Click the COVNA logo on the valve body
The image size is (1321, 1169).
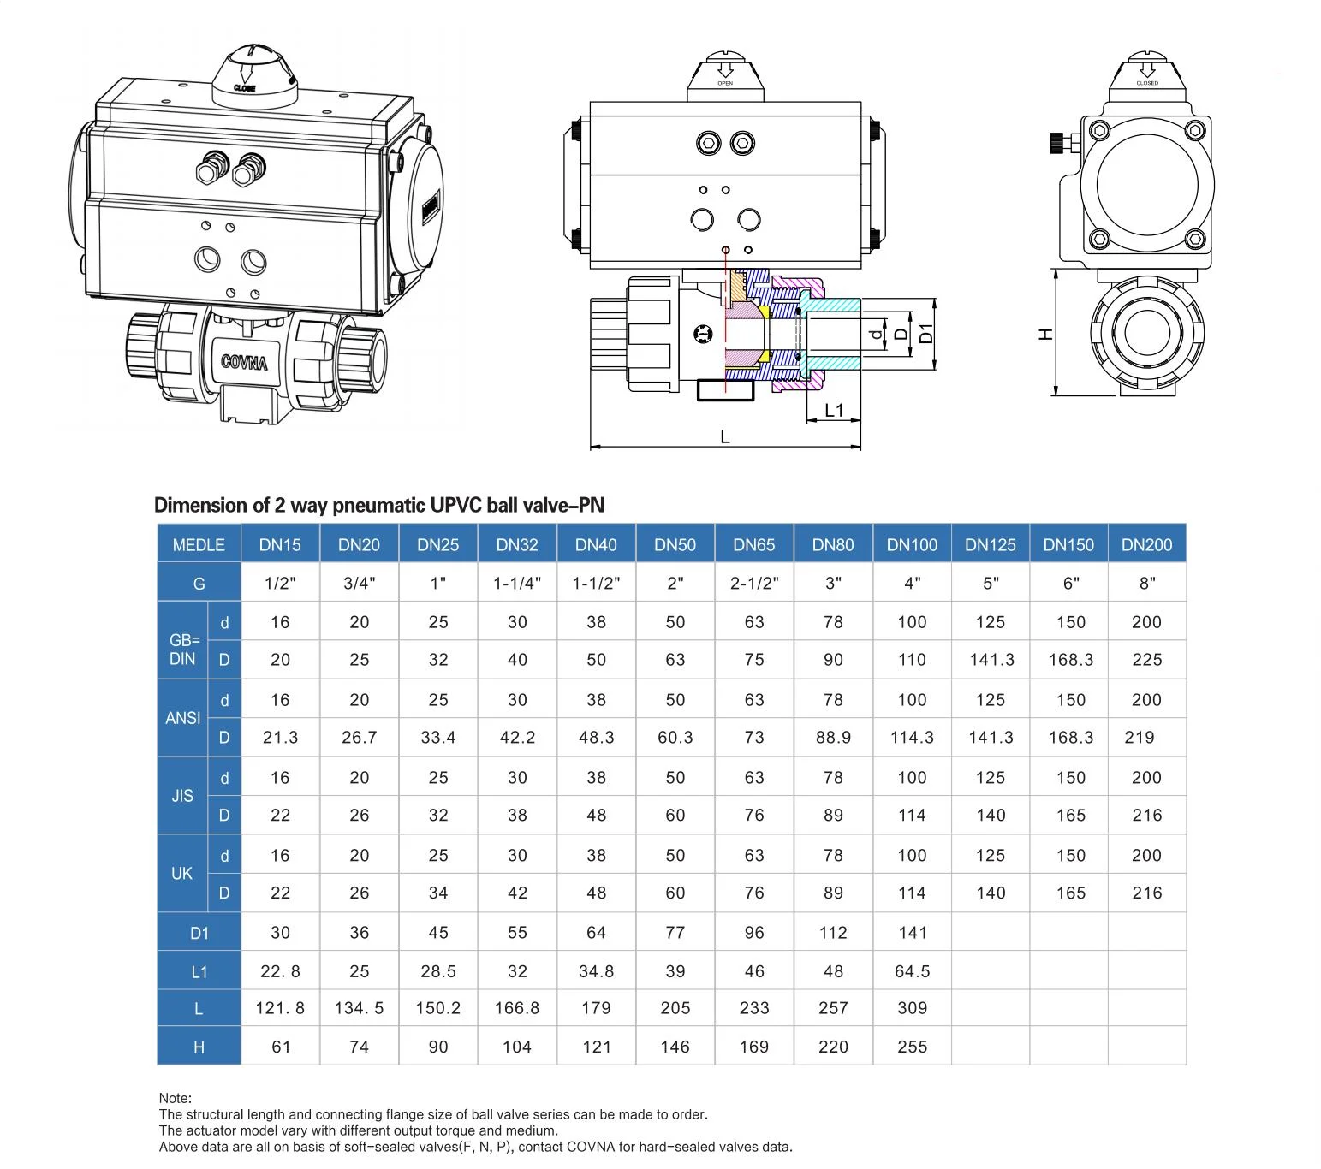pyautogui.click(x=244, y=362)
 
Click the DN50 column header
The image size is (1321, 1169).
pyautogui.click(x=675, y=545)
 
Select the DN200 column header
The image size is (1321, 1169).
pyautogui.click(x=1146, y=545)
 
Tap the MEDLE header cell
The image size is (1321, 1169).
pyautogui.click(x=199, y=545)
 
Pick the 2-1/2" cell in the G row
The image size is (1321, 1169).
pyautogui.click(x=754, y=584)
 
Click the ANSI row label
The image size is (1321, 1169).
pyautogui.click(x=182, y=718)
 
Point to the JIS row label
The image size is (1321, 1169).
pyautogui.click(x=182, y=796)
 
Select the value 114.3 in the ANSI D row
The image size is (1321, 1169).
pyautogui.click(x=912, y=738)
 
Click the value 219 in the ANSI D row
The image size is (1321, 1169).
pyautogui.click(x=1140, y=738)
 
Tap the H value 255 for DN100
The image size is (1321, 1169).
pyautogui.click(x=912, y=1047)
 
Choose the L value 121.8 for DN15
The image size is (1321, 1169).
pyautogui.click(x=280, y=1008)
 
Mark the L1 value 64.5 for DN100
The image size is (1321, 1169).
pyautogui.click(x=912, y=971)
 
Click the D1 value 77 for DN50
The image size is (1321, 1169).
pyautogui.click(x=675, y=933)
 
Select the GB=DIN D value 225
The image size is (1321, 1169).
pyautogui.click(x=1146, y=660)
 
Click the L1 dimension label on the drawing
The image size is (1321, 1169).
pyautogui.click(x=834, y=411)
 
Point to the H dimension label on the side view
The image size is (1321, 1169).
pyautogui.click(x=1045, y=335)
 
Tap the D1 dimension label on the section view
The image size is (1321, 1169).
pyautogui.click(x=926, y=334)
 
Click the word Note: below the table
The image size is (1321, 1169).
pyautogui.click(x=176, y=1098)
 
